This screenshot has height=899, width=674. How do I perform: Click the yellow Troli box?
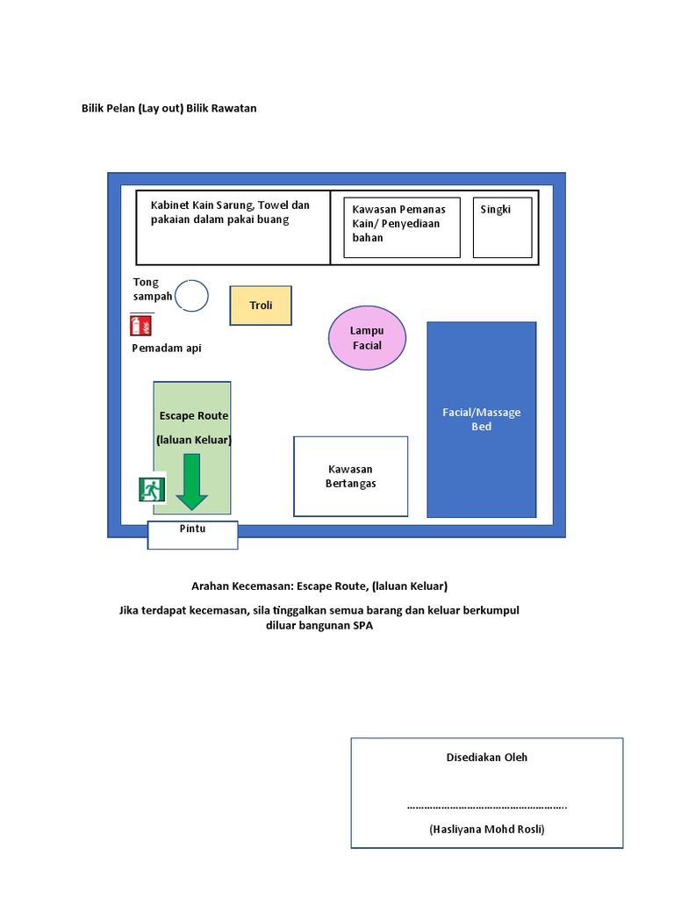261,306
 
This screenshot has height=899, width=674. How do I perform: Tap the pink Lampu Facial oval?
367,338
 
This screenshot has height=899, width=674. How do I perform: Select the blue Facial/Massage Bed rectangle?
481,420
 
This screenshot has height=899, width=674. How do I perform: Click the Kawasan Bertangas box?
350,476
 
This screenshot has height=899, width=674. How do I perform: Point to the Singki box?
502,227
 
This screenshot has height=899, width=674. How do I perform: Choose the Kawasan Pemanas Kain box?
401,227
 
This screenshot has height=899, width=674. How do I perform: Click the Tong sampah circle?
191,296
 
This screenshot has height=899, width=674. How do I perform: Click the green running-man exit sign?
152,490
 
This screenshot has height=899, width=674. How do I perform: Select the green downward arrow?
191,482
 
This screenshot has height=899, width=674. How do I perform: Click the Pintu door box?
192,534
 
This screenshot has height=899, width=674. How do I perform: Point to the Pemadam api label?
167,349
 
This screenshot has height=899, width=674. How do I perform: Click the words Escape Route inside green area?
193,415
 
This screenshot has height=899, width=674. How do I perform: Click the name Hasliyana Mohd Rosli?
486,829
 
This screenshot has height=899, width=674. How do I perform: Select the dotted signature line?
486,806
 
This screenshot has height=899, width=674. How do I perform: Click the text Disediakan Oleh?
487,757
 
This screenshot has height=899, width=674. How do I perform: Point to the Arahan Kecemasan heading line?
319,586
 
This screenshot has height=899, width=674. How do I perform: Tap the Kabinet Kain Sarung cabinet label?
230,212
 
